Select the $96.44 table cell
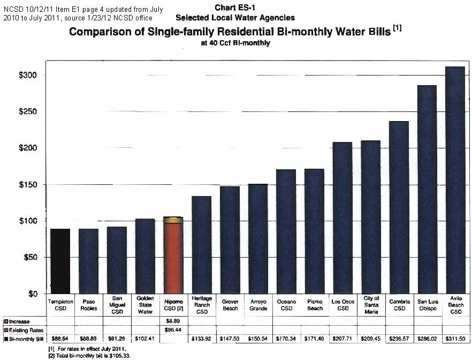coord(173,330)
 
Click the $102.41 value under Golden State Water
coord(145,339)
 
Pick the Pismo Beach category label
coord(315,305)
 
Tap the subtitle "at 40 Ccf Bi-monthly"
coord(235,43)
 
